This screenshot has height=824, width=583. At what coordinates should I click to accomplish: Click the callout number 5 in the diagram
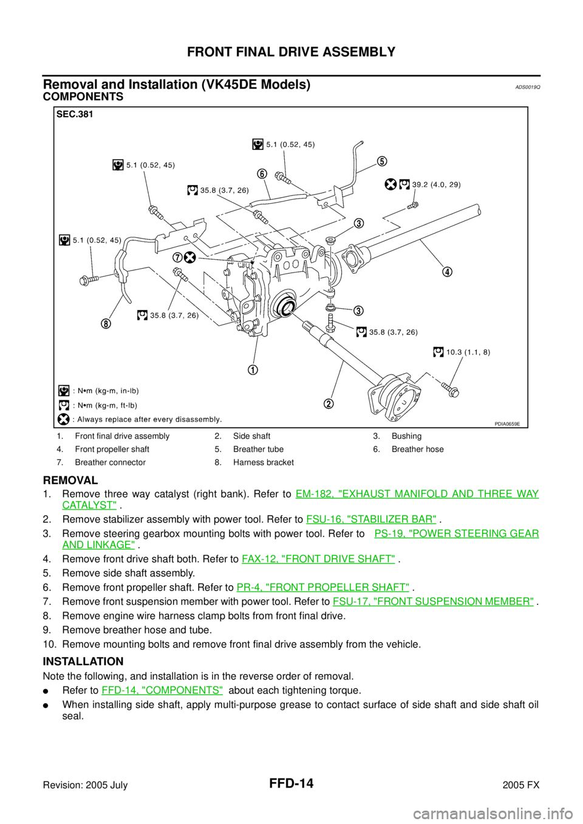[381, 161]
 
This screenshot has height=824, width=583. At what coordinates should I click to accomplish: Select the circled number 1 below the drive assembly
[253, 370]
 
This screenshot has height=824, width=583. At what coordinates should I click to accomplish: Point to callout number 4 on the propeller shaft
[448, 272]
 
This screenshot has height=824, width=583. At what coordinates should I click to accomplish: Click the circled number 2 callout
[329, 404]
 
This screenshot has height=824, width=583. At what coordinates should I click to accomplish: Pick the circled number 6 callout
[262, 174]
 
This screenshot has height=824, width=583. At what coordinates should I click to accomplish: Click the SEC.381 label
[75, 115]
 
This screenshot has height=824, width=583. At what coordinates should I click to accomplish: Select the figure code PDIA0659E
[507, 424]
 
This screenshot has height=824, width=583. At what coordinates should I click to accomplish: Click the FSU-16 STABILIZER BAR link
[372, 519]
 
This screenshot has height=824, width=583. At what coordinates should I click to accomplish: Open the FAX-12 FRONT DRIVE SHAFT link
[318, 559]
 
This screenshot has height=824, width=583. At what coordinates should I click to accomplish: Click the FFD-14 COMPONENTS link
[162, 690]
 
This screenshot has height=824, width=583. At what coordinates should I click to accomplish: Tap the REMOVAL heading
[70, 480]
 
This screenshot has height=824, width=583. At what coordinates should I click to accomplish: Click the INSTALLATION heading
[83, 661]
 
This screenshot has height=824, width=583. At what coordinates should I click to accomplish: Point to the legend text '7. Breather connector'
[101, 462]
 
